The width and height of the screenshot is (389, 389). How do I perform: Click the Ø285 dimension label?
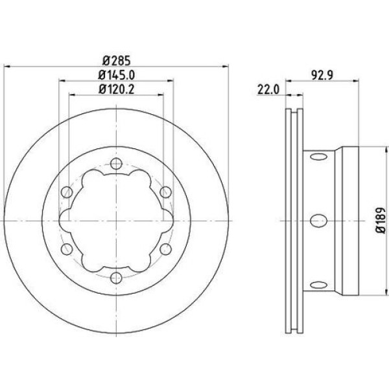(x=116, y=60)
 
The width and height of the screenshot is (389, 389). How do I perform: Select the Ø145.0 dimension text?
(x=116, y=75)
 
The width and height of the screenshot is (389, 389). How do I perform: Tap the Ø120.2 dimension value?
(x=116, y=89)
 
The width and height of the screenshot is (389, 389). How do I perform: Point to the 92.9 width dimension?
(x=322, y=75)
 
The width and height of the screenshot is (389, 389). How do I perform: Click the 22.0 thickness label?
(x=268, y=89)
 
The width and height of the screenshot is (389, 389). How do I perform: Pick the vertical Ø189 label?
(x=381, y=220)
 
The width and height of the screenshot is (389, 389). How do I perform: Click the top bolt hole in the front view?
(x=116, y=163)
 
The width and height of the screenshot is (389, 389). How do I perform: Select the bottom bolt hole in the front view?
(x=116, y=278)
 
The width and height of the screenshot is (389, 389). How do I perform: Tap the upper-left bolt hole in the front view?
(x=67, y=192)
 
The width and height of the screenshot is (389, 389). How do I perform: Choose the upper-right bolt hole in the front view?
(x=165, y=192)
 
